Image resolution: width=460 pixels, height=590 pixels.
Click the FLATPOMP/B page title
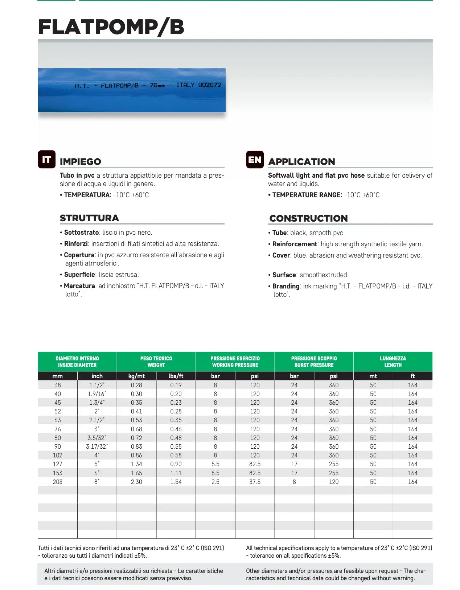click(111, 27)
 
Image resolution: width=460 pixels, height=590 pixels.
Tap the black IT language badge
click(47, 159)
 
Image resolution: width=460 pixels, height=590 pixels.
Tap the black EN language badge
click(255, 160)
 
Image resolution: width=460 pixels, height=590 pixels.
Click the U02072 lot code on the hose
click(209, 85)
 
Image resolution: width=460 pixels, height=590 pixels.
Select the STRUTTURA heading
click(89, 218)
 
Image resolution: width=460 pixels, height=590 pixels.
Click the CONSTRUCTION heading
click(308, 218)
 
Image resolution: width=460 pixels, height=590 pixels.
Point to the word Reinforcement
click(295, 244)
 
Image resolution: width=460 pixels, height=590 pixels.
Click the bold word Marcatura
click(79, 286)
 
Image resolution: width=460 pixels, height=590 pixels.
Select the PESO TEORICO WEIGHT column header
click(156, 361)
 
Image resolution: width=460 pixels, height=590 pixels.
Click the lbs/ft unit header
click(176, 376)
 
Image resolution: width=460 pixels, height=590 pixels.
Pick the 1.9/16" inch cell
click(97, 394)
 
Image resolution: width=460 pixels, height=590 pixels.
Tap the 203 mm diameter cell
click(57, 482)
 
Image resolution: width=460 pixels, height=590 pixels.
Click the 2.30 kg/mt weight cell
click(136, 482)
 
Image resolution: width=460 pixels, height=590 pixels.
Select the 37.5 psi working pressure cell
click(255, 482)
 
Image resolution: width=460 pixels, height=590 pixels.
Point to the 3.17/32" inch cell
click(97, 446)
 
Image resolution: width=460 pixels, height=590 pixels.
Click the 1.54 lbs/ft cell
click(176, 482)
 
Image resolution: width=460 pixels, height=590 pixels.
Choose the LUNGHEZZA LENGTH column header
click(393, 361)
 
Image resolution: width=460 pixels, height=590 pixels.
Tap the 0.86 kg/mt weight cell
click(136, 455)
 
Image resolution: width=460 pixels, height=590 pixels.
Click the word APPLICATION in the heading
click(301, 162)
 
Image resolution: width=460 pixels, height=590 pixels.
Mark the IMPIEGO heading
click(80, 162)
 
